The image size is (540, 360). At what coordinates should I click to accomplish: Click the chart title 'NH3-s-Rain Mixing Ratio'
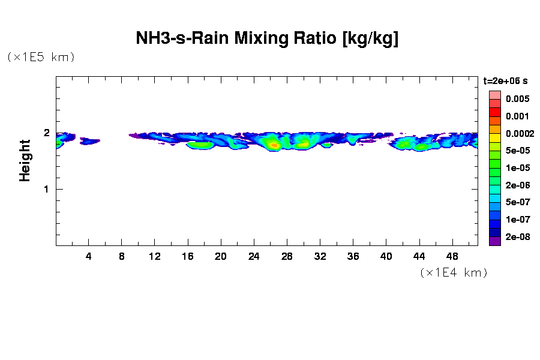point(267,39)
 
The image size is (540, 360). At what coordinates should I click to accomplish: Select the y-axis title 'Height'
point(25,160)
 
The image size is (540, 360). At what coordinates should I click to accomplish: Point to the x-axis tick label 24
point(254,257)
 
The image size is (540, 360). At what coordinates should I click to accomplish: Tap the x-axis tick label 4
point(89,257)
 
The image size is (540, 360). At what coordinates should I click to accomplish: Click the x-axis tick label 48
point(452,257)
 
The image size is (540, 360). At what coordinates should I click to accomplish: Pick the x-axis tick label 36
point(353,257)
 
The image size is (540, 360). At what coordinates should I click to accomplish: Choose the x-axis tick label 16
point(188,257)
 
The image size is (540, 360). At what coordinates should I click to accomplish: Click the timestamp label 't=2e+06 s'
point(506,80)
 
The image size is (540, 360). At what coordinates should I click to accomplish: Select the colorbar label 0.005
point(517,99)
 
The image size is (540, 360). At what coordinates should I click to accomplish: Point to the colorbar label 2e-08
point(517,237)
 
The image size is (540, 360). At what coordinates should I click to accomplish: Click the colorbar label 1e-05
point(517,168)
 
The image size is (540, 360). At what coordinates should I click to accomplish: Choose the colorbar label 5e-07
point(517,203)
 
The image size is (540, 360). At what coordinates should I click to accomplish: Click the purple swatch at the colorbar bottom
point(495,241)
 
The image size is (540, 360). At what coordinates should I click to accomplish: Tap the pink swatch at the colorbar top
point(495,95)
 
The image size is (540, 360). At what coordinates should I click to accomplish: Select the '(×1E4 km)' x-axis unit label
point(454,272)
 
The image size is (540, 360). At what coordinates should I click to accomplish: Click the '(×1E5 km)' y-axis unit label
point(41,57)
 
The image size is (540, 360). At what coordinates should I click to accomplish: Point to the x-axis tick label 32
point(320,257)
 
